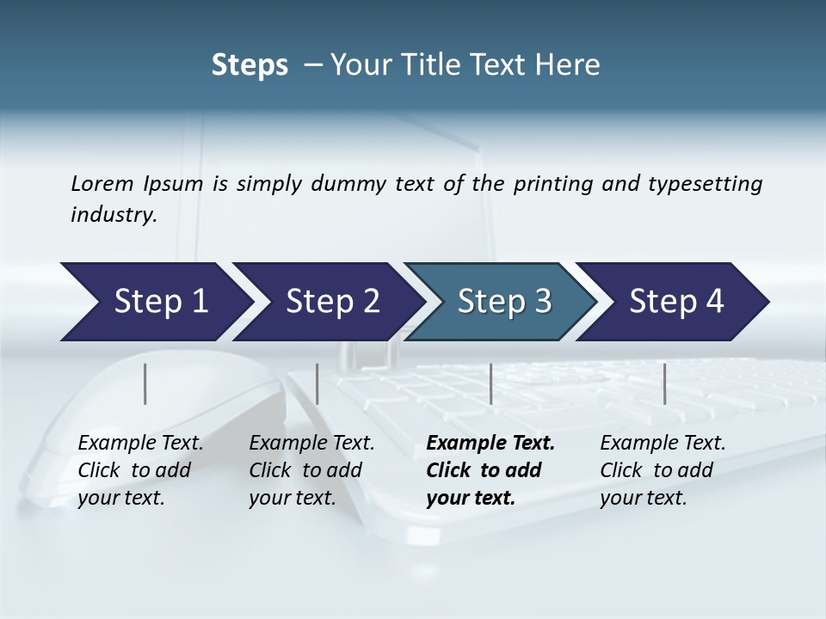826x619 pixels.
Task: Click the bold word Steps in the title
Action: point(250,65)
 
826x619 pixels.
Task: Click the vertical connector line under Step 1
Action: point(145,383)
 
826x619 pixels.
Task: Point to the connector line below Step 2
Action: point(317,383)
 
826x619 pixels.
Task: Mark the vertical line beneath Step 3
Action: point(490,383)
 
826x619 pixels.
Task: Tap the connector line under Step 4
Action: point(664,383)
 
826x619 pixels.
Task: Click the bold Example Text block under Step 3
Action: point(490,470)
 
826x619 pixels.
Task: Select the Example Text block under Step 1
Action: point(140,470)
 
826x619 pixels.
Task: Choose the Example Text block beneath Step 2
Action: point(311,470)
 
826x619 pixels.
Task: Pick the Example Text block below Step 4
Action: point(663,470)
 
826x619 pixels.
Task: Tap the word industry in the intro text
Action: point(114,215)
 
